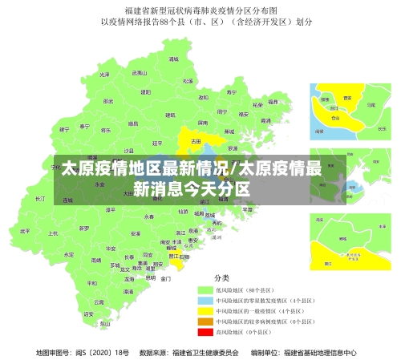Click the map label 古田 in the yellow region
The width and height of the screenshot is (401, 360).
195,140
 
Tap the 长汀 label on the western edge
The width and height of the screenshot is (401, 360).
40,198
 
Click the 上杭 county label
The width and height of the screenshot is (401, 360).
54,233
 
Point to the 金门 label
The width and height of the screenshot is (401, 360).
165,279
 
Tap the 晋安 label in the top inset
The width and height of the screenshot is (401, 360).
347,98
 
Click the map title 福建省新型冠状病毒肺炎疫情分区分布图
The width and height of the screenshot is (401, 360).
200,10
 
